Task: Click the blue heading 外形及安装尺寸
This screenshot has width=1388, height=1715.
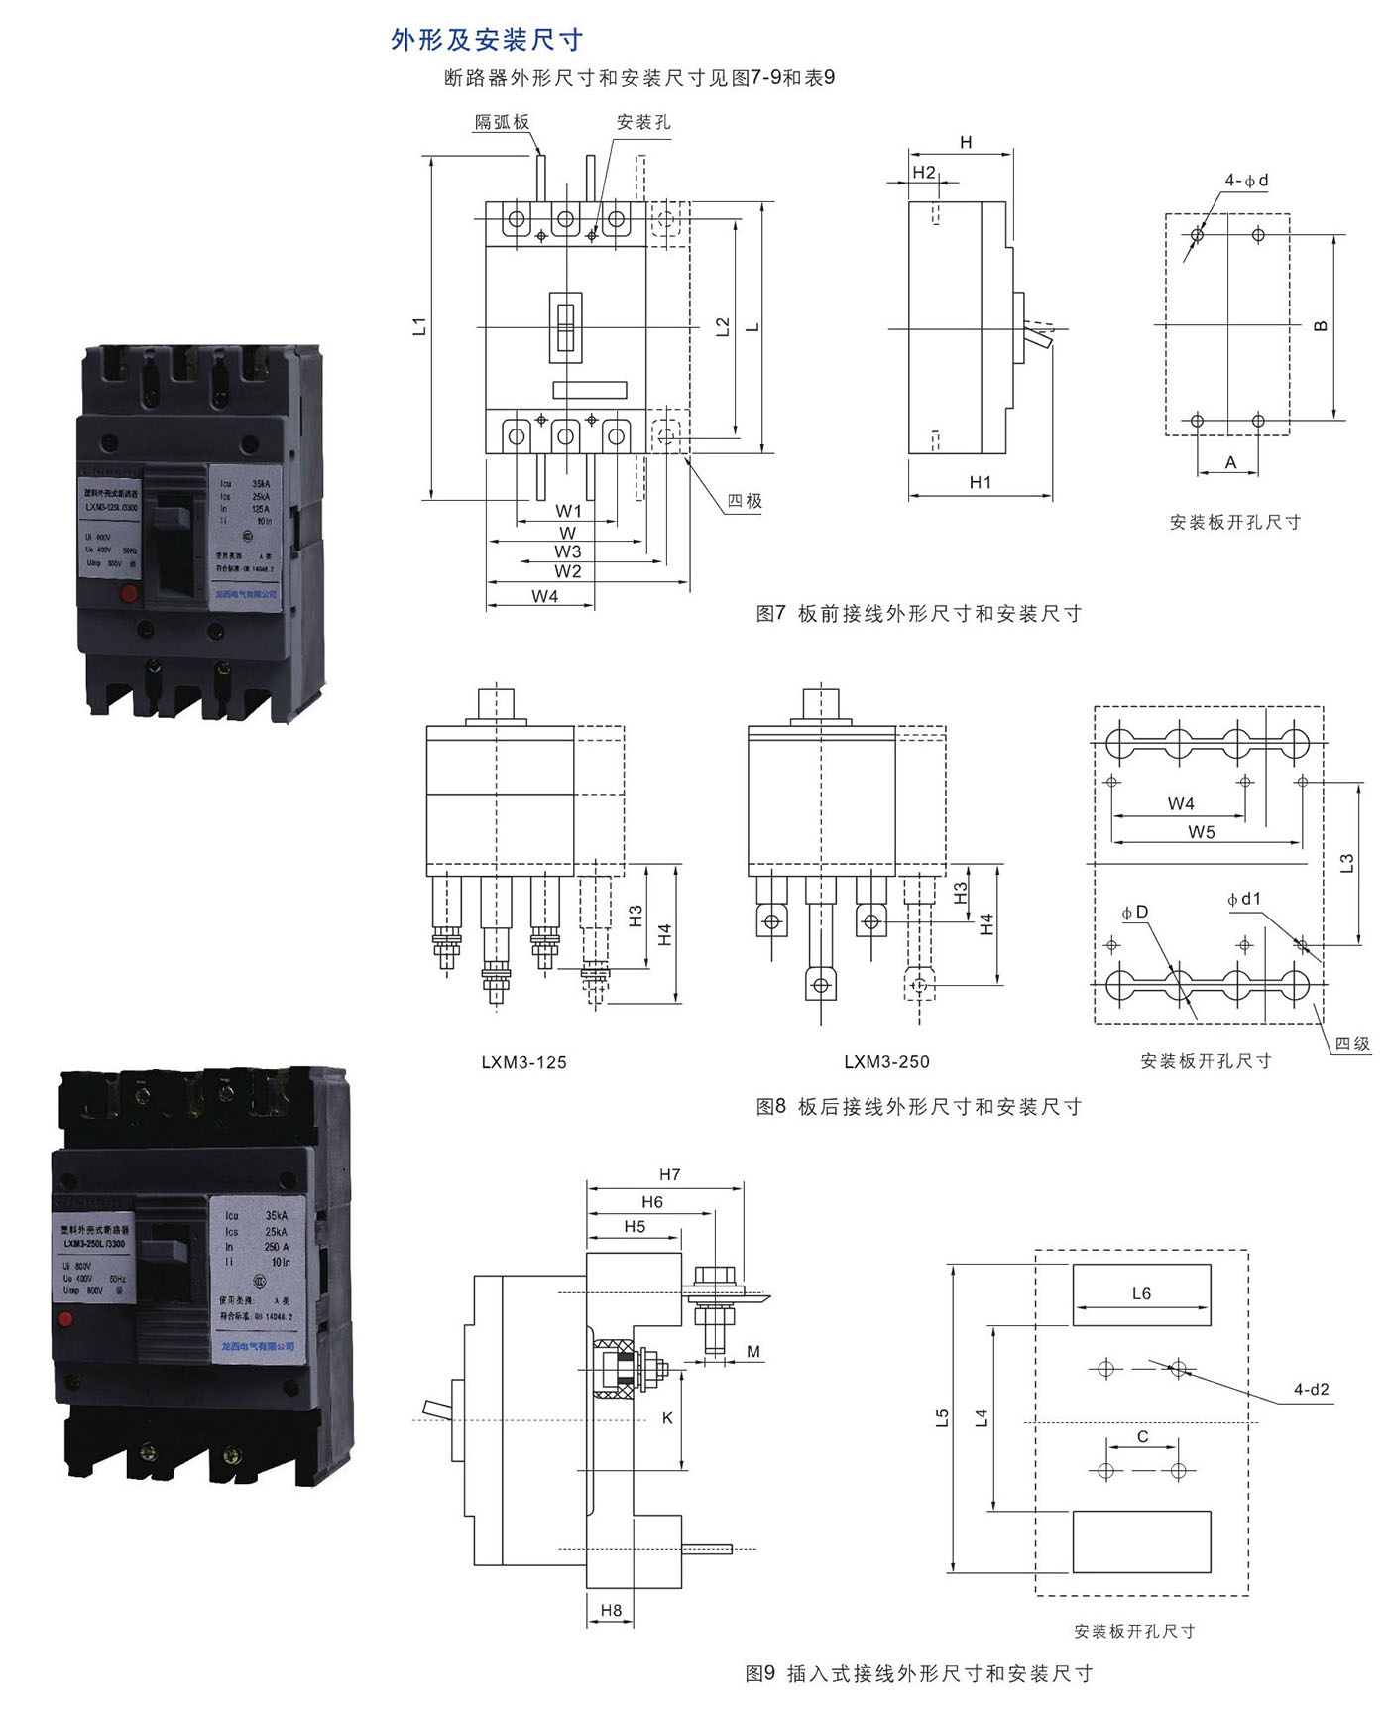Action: tap(487, 40)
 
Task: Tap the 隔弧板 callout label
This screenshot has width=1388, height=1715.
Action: tap(502, 122)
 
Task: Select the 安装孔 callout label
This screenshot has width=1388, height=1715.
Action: tap(643, 122)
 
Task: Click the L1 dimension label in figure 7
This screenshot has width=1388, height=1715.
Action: tap(419, 326)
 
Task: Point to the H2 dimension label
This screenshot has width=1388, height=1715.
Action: tap(923, 172)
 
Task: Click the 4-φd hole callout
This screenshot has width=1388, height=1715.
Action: tap(1246, 181)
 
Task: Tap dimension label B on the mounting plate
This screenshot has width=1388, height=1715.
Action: tap(1320, 326)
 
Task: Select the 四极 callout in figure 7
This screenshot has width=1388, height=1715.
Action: tap(745, 501)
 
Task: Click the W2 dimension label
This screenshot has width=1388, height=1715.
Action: tap(568, 571)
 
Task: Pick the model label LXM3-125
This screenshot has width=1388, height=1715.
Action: tap(523, 1062)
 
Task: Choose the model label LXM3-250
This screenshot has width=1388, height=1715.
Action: tap(886, 1062)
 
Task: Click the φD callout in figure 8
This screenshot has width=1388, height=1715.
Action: tap(1135, 912)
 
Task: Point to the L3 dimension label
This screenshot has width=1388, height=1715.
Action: tap(1346, 863)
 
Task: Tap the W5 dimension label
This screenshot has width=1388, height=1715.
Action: tap(1202, 832)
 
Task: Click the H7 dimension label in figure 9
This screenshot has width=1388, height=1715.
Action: tap(670, 1174)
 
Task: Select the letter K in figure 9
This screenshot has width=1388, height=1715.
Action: tap(667, 1418)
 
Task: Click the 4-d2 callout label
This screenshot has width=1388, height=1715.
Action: tap(1311, 1390)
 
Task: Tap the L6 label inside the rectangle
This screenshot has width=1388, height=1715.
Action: tap(1141, 1293)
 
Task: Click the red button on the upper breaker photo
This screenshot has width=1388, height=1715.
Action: tap(128, 594)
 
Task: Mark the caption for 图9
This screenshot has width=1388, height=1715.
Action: tap(918, 1673)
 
